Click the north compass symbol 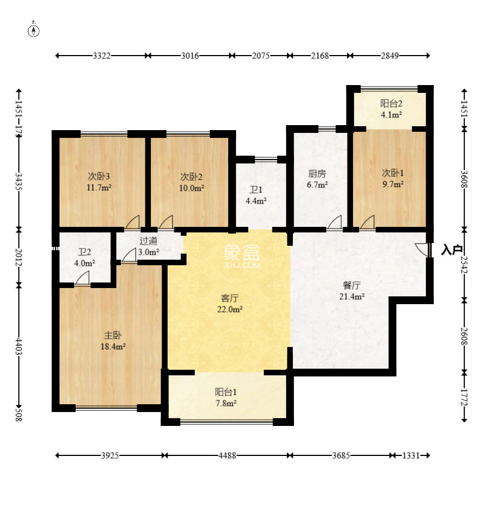[33, 29]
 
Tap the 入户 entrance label [452, 250]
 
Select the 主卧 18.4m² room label [113, 341]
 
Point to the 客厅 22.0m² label [230, 304]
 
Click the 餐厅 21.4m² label [351, 291]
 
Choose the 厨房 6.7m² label [317, 179]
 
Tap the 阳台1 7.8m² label [226, 397]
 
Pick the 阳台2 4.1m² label [391, 109]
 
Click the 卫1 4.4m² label [256, 195]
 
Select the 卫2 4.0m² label [85, 257]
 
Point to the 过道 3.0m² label [149, 246]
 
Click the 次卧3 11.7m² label [99, 182]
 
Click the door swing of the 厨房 [335, 222]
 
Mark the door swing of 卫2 [82, 279]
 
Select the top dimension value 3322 [101, 56]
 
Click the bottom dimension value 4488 [227, 455]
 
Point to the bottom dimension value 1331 [410, 455]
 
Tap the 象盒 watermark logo [242, 256]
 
